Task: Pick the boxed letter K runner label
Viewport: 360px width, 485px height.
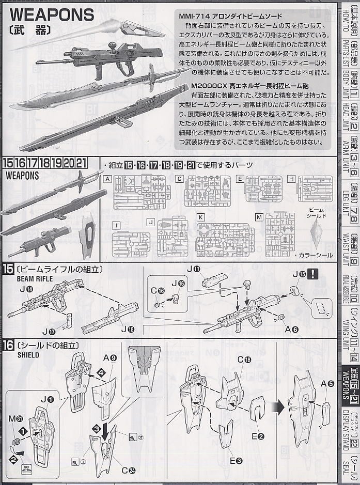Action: coord(200,217)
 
